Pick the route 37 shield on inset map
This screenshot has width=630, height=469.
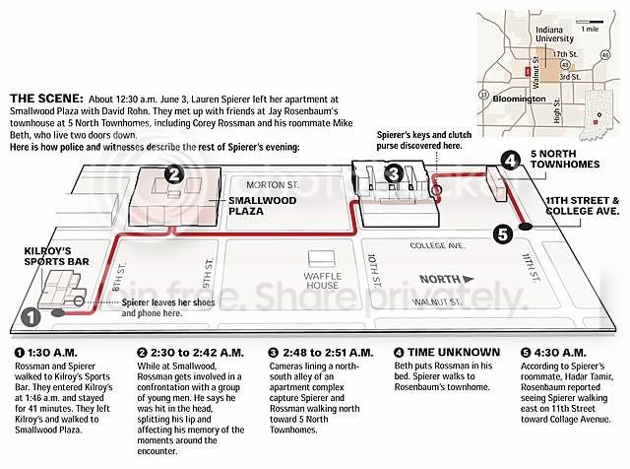pos(483,96)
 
